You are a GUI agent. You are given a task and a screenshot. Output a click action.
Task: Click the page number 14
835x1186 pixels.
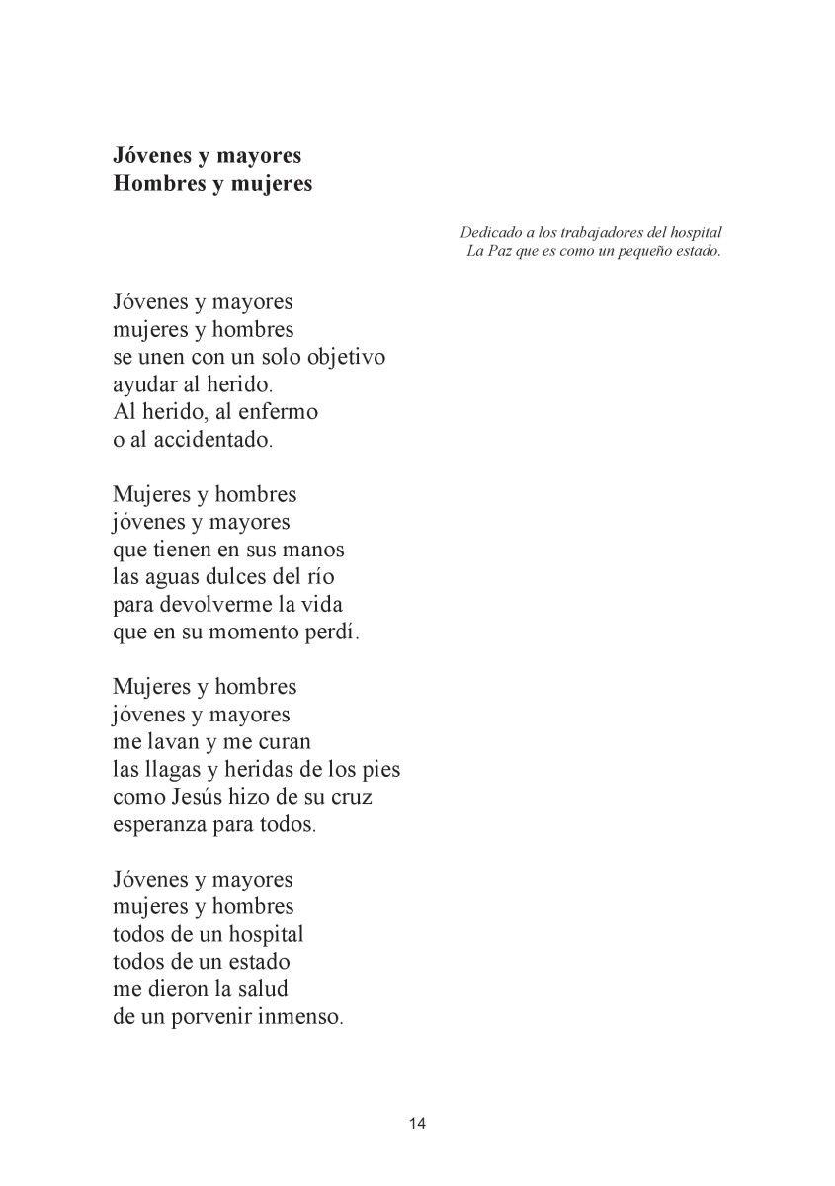click(417, 1123)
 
